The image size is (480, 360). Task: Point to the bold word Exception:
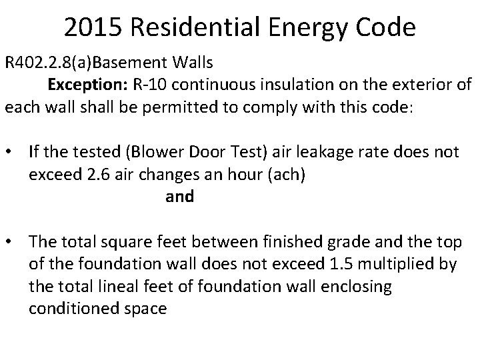pos(82,85)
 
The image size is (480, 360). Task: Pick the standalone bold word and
pos(179,197)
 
